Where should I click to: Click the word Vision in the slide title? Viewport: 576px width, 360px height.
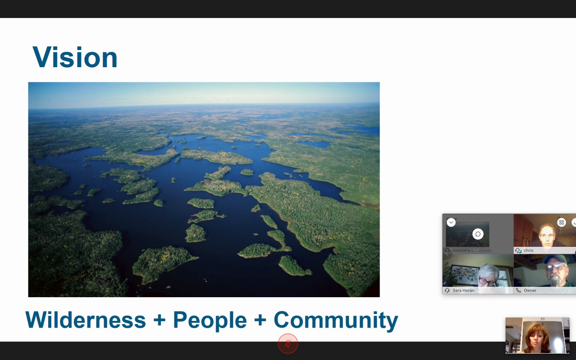75,57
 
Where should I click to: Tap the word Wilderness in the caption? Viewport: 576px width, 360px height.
86,320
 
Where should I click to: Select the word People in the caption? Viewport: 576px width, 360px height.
210,321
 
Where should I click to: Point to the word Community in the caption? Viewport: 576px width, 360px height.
336,321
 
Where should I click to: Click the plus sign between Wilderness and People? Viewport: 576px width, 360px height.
160,320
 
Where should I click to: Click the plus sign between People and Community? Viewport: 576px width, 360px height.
260,320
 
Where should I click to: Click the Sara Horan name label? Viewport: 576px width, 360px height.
463,290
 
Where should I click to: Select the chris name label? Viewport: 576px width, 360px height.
529,250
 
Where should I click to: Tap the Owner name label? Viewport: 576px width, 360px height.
530,290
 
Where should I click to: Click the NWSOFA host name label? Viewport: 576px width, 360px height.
472,250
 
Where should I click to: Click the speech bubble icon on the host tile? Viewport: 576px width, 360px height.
478,234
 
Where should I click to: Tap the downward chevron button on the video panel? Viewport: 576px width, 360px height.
451,222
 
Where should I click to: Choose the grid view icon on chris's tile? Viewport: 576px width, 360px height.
562,222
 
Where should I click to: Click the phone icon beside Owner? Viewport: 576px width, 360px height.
518,290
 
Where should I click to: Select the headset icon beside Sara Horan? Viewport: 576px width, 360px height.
447,290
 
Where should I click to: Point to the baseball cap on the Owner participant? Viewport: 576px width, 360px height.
555,260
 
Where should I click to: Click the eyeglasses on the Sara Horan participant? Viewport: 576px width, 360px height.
487,282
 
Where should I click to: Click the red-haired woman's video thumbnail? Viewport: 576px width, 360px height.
538,335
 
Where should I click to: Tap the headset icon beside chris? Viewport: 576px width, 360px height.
518,250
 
